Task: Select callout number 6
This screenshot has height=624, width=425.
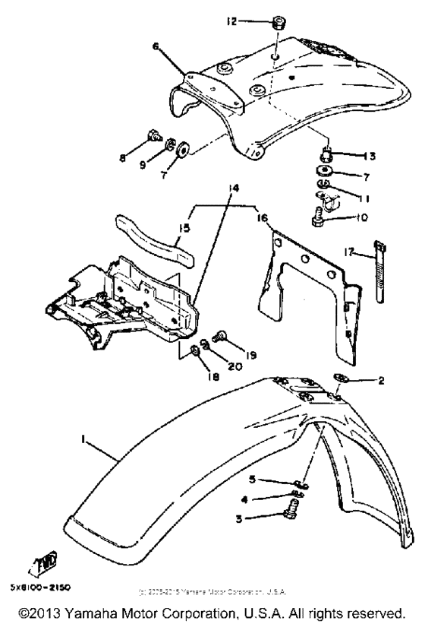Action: coord(156,46)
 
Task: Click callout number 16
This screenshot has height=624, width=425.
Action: coord(262,217)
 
